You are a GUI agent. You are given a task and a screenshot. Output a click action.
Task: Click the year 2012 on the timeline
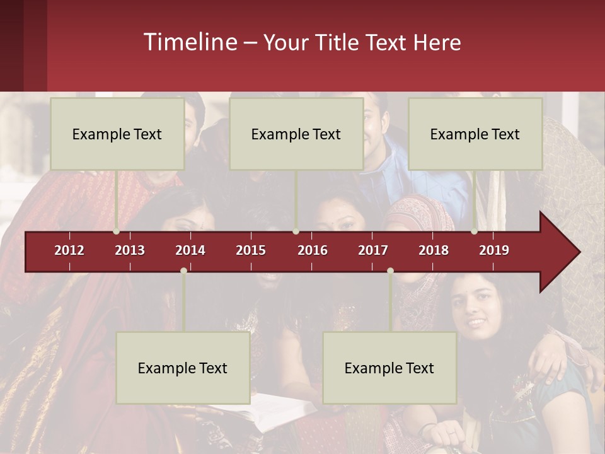point(69,250)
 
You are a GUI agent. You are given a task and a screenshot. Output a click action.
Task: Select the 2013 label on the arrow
point(130,250)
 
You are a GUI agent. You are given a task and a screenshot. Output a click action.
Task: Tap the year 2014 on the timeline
point(190,250)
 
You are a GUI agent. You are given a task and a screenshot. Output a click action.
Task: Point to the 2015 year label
point(251,250)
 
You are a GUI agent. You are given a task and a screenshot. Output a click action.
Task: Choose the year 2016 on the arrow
point(313,250)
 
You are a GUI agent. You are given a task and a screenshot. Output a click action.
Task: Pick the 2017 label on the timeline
point(373,250)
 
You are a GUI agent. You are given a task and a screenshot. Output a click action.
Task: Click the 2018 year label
point(434,250)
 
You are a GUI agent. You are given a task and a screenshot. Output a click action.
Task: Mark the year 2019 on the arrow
point(494,250)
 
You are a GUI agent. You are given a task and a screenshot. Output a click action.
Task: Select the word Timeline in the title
point(191,42)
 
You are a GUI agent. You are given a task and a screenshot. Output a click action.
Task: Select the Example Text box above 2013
point(117,134)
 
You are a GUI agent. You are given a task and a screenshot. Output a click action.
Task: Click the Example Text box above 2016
point(296,134)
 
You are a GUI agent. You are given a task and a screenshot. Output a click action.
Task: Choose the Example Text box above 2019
point(475,134)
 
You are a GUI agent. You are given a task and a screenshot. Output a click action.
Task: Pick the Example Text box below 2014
point(183,368)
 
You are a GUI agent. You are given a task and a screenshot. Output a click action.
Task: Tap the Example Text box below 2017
point(389,368)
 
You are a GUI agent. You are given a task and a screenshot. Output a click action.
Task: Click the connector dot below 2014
point(183,271)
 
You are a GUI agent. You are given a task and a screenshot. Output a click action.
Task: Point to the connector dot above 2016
point(296,231)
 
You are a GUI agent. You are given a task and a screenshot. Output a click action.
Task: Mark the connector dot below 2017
point(390,271)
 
